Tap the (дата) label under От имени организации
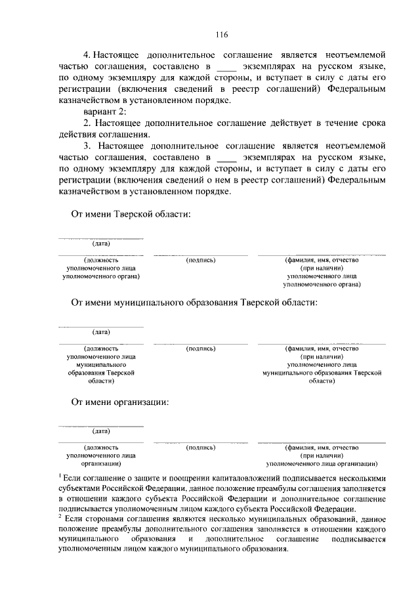(100, 431)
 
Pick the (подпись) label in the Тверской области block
(201, 260)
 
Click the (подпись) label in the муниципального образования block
(201, 349)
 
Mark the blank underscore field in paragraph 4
(225, 68)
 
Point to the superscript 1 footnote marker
(60, 474)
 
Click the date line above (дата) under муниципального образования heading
(100, 326)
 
